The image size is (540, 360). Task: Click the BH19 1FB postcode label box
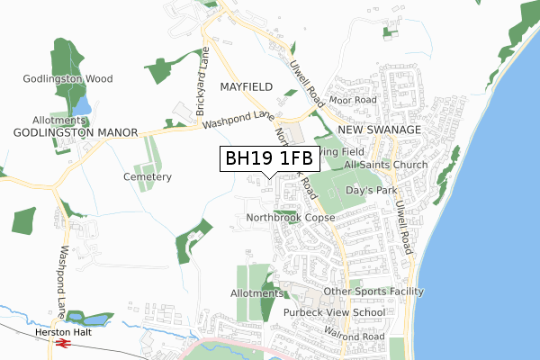coord(269,159)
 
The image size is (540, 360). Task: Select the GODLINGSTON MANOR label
coord(76,132)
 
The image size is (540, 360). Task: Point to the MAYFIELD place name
coord(245,88)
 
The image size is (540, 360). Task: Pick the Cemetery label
coord(148,177)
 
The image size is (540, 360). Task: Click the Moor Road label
coord(352,100)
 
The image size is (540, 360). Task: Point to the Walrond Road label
coord(355,337)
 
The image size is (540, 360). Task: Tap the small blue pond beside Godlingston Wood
coord(81,105)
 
